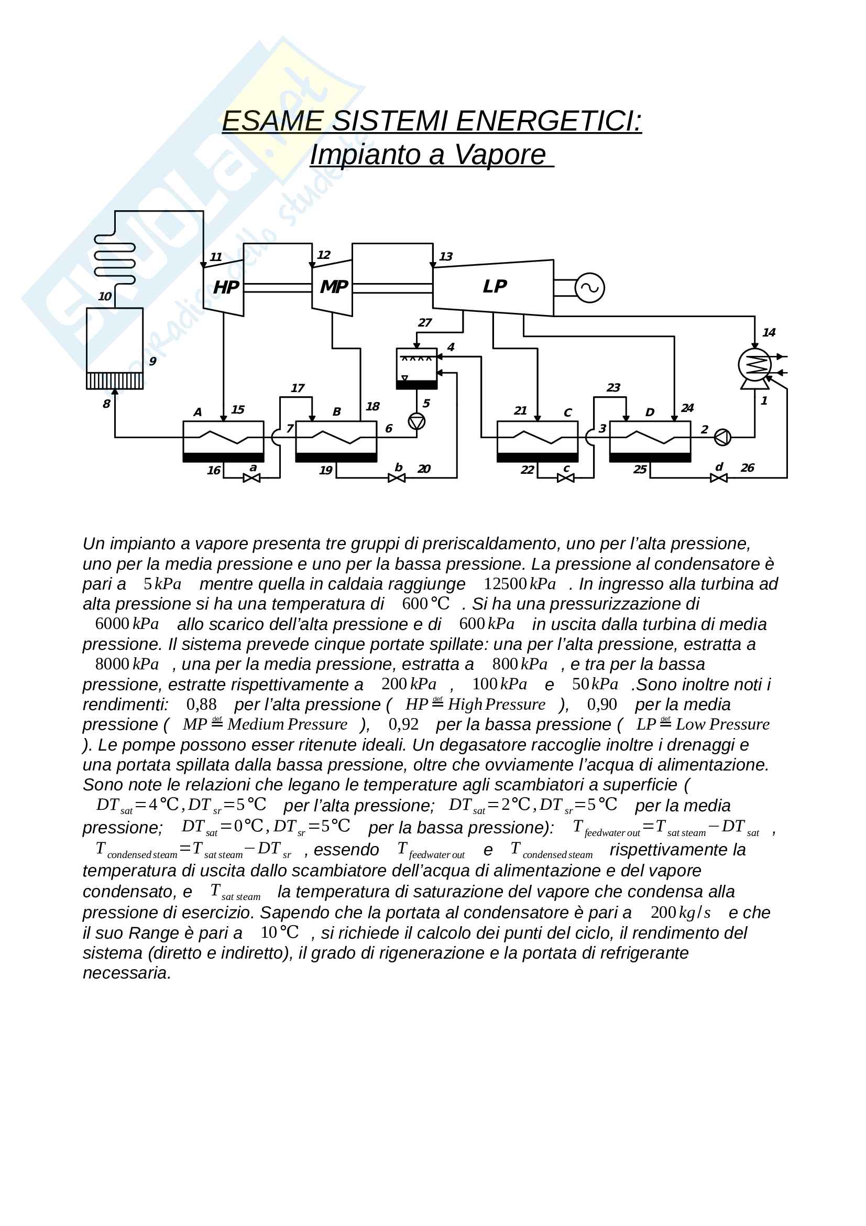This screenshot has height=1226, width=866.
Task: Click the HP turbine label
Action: (226, 288)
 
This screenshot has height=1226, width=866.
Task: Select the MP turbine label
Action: (334, 287)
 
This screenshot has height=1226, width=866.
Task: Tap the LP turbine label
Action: (494, 287)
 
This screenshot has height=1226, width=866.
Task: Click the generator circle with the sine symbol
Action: (589, 288)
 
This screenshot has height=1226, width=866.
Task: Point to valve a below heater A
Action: (251, 478)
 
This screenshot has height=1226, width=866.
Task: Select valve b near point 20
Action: (397, 478)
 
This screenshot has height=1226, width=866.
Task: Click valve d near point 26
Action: (719, 478)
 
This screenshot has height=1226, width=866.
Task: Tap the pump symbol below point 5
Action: (416, 422)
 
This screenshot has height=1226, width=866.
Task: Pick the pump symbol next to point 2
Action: (722, 437)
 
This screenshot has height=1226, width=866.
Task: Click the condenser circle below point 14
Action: (754, 365)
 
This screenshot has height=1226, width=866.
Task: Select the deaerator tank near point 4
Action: (416, 368)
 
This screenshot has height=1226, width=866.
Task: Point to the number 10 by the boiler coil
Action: (105, 296)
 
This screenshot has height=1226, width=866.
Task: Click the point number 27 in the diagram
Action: (425, 322)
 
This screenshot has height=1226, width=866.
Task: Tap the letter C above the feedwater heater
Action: (567, 413)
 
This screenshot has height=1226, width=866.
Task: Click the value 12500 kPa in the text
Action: (519, 583)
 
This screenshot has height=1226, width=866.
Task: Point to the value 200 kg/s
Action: (681, 912)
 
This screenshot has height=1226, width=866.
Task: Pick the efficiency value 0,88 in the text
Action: (201, 704)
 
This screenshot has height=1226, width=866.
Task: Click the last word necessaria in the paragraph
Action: (126, 973)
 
